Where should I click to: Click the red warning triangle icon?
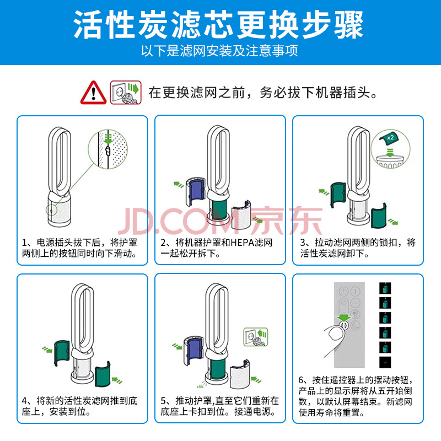click(93, 93)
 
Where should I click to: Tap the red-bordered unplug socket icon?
click(126, 92)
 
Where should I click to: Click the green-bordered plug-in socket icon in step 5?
click(255, 337)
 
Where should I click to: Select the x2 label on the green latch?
click(390, 137)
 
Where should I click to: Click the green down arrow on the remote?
click(344, 318)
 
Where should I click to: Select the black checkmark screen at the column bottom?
click(385, 362)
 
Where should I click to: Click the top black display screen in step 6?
click(385, 288)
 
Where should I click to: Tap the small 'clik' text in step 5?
click(200, 386)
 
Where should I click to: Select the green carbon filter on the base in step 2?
click(219, 209)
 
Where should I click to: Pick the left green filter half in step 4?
click(62, 353)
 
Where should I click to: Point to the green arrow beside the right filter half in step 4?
click(117, 380)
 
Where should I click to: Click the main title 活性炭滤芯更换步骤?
click(218, 24)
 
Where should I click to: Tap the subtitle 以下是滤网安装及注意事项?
click(219, 51)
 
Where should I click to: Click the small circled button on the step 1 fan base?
click(51, 209)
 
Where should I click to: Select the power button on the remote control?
click(343, 292)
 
